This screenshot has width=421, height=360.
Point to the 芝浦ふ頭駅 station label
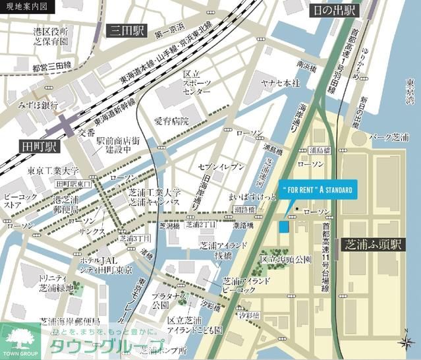click(x=373, y=245)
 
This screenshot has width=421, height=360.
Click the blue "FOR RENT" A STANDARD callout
click(x=318, y=190)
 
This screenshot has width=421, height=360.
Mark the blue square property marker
click(x=283, y=227)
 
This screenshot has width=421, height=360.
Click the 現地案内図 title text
click(x=24, y=7)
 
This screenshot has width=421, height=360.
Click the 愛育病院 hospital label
click(x=171, y=121)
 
